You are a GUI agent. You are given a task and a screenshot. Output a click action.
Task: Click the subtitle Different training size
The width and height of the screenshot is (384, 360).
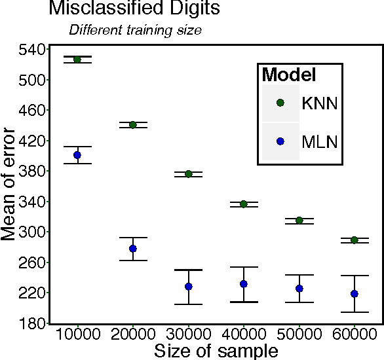click(136, 29)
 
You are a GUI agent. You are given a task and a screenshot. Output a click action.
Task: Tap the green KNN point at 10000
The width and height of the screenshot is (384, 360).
click(77, 60)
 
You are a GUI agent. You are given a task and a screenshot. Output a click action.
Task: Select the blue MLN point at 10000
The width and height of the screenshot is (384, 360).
click(77, 155)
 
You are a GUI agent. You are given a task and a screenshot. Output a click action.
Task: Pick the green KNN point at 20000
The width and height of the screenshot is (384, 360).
click(133, 125)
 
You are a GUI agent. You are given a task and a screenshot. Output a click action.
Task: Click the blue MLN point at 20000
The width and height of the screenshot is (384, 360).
click(133, 249)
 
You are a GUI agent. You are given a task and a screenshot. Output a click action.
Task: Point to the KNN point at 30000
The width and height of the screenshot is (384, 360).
click(189, 174)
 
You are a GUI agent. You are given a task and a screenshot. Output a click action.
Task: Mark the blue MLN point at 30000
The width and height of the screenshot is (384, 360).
click(189, 287)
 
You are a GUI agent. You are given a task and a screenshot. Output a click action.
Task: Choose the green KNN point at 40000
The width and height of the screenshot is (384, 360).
click(244, 204)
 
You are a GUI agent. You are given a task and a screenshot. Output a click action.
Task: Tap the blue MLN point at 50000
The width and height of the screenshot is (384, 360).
click(299, 289)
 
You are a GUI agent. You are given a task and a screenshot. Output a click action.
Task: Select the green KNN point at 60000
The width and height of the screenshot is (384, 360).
click(355, 240)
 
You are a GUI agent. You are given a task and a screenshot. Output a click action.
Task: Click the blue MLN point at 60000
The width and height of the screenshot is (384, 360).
click(355, 294)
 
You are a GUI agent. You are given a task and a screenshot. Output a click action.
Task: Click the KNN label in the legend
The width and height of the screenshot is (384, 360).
click(319, 103)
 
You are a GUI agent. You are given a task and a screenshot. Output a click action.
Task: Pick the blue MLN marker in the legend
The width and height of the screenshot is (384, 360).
click(280, 141)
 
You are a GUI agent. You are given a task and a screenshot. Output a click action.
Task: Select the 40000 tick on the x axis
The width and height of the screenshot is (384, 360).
click(244, 335)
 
